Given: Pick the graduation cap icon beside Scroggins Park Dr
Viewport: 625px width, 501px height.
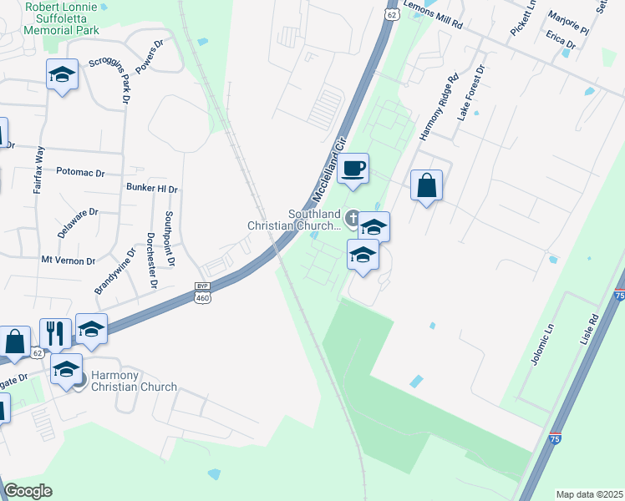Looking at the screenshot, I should point(63,75).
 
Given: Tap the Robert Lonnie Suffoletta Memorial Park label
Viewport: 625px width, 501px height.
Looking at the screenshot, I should point(62,18).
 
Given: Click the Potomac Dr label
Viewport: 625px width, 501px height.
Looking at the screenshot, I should point(80,173).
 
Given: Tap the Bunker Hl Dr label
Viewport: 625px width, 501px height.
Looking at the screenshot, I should point(151,188).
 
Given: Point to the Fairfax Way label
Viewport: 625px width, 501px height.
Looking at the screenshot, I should point(39,170).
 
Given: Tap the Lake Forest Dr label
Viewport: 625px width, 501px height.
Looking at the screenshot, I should point(470,92).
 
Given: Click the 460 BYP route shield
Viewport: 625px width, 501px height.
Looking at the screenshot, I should point(202,291).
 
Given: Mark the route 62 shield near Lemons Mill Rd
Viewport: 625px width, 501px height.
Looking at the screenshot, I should point(393,14).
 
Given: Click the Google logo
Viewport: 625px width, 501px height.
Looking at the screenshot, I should point(28,491).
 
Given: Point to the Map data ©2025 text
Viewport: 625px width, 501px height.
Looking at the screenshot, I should point(588,494).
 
